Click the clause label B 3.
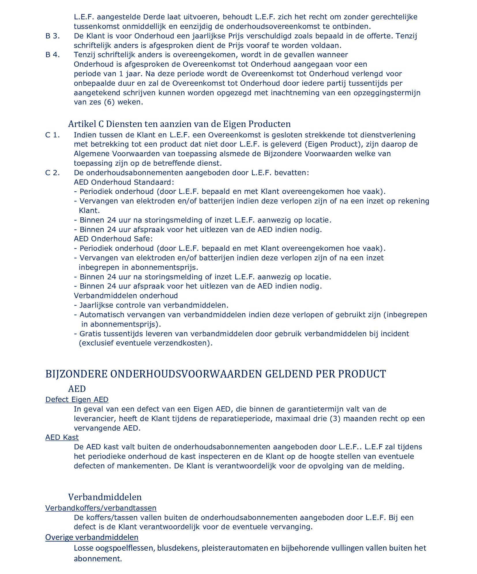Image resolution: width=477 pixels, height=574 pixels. tap(52, 36)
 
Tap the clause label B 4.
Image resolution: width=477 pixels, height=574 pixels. tap(52, 55)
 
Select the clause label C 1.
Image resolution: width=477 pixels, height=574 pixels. tap(52, 135)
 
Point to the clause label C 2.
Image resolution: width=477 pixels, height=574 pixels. tap(52, 173)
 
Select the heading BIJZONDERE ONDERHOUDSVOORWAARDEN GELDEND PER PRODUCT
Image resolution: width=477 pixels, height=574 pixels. tap(215, 374)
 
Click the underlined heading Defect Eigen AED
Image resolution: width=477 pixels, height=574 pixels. tap(77, 399)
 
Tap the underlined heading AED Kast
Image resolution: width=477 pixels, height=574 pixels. tap(62, 437)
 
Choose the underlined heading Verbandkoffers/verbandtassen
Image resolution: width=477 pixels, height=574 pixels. tap(101, 508)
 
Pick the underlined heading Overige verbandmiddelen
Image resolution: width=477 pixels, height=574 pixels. tap(92, 537)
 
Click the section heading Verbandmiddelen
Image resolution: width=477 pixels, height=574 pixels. tap(105, 497)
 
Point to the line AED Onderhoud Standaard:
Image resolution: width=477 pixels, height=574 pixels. tap(124, 182)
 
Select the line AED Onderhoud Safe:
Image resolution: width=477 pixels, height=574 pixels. tap(113, 239)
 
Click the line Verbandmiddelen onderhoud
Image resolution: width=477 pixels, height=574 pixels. tap(126, 296)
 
